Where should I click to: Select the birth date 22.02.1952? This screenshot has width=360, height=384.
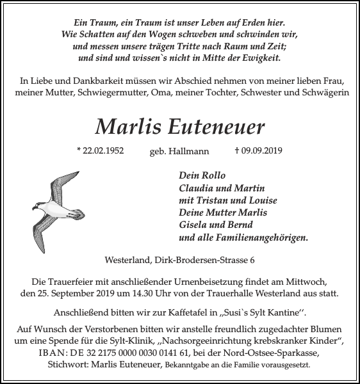99,151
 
